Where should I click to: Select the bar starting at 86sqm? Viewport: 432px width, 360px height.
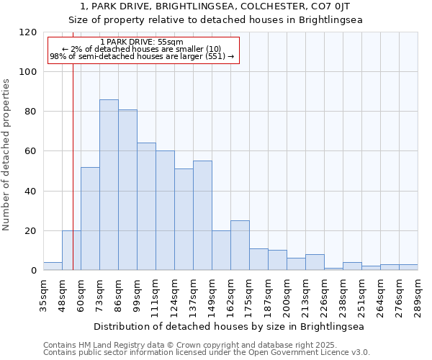(x=127, y=190)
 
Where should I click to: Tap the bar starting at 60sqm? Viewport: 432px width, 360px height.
(x=90, y=219)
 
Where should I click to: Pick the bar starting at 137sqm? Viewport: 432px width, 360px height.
(x=202, y=215)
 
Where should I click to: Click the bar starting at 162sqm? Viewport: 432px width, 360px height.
(x=240, y=246)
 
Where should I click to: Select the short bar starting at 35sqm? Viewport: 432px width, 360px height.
(x=53, y=266)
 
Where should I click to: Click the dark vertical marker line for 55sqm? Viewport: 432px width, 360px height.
(x=73, y=166)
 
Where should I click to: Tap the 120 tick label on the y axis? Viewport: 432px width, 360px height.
(x=28, y=32)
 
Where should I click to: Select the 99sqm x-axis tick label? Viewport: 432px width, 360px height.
(x=137, y=294)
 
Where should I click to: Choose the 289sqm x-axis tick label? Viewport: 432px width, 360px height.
(x=418, y=294)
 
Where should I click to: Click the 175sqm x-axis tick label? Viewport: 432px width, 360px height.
(x=249, y=294)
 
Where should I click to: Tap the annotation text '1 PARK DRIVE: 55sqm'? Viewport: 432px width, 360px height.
(x=142, y=42)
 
